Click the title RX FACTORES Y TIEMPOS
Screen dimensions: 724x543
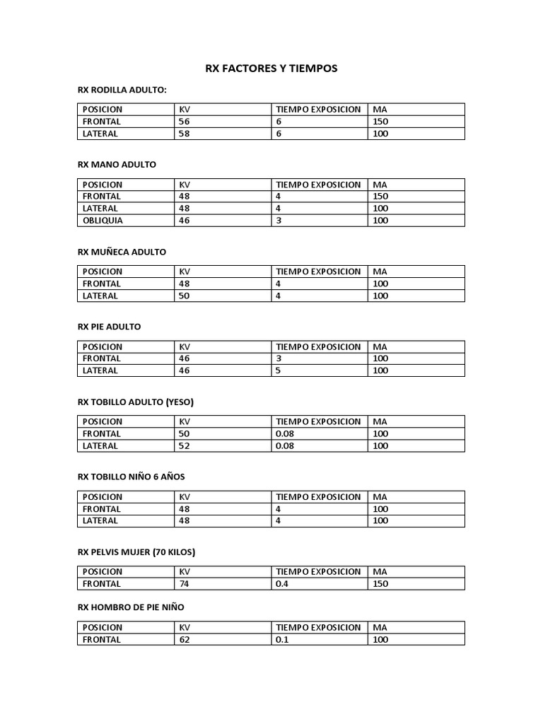271,69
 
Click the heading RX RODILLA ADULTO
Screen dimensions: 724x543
122,90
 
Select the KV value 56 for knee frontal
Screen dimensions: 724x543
185,122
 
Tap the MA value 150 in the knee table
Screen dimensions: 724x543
380,122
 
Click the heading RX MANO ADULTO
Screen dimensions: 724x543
117,164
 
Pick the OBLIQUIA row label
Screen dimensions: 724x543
103,221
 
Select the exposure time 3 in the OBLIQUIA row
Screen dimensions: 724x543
279,221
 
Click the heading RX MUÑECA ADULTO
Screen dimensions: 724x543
122,252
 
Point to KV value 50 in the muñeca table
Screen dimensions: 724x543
185,296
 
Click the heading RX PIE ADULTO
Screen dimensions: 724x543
109,327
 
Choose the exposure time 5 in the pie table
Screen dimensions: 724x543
279,370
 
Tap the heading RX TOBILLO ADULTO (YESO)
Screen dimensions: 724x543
135,402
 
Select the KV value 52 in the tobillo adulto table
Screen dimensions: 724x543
185,446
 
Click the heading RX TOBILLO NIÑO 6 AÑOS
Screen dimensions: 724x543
131,477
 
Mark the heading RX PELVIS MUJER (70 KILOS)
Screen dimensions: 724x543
136,551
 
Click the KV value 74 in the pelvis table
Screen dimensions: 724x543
185,584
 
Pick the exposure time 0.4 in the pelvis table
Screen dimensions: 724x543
282,584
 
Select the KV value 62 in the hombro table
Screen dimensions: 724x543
185,640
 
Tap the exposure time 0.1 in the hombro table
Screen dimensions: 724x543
282,640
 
